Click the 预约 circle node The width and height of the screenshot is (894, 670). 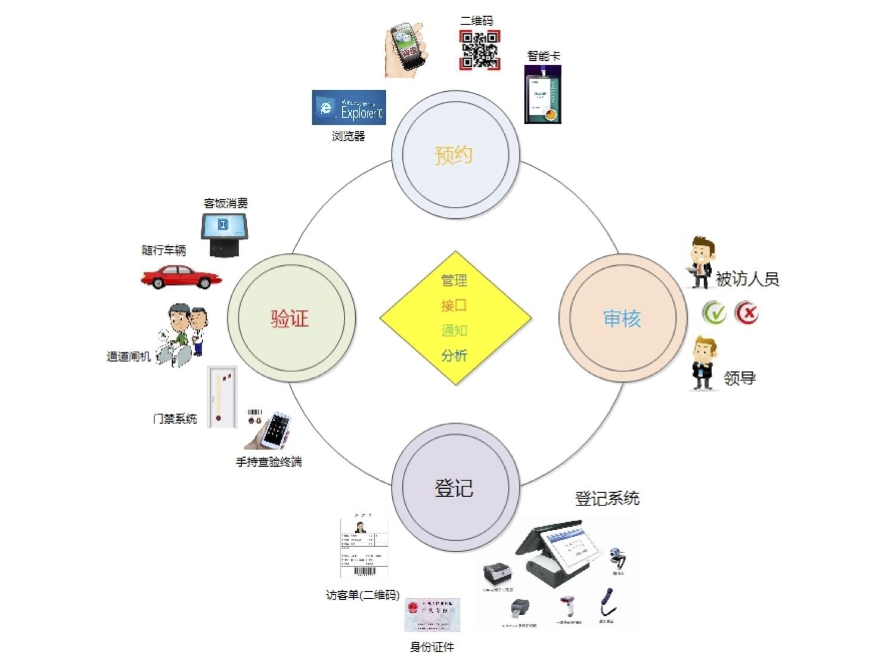(x=455, y=154)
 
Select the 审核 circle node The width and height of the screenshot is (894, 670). (x=622, y=318)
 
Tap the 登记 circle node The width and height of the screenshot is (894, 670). (x=455, y=488)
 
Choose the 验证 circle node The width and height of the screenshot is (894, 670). (x=291, y=318)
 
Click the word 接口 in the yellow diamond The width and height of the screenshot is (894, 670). (x=454, y=305)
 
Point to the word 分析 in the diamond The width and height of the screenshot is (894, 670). (x=454, y=355)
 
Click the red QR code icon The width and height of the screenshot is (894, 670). (x=479, y=49)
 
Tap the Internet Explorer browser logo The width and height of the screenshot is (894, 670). (x=349, y=107)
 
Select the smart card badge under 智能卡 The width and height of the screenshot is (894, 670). (x=542, y=94)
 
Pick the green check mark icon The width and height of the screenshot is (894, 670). (x=714, y=312)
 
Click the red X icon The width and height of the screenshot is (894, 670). (x=746, y=312)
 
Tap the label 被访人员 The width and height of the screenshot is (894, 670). (x=747, y=278)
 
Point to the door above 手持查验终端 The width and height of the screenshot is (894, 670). (x=222, y=397)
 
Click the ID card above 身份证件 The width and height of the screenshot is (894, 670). (x=432, y=615)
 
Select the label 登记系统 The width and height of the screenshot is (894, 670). (x=607, y=498)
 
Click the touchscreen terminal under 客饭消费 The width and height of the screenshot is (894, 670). (x=224, y=234)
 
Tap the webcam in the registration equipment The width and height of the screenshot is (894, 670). (x=618, y=558)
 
